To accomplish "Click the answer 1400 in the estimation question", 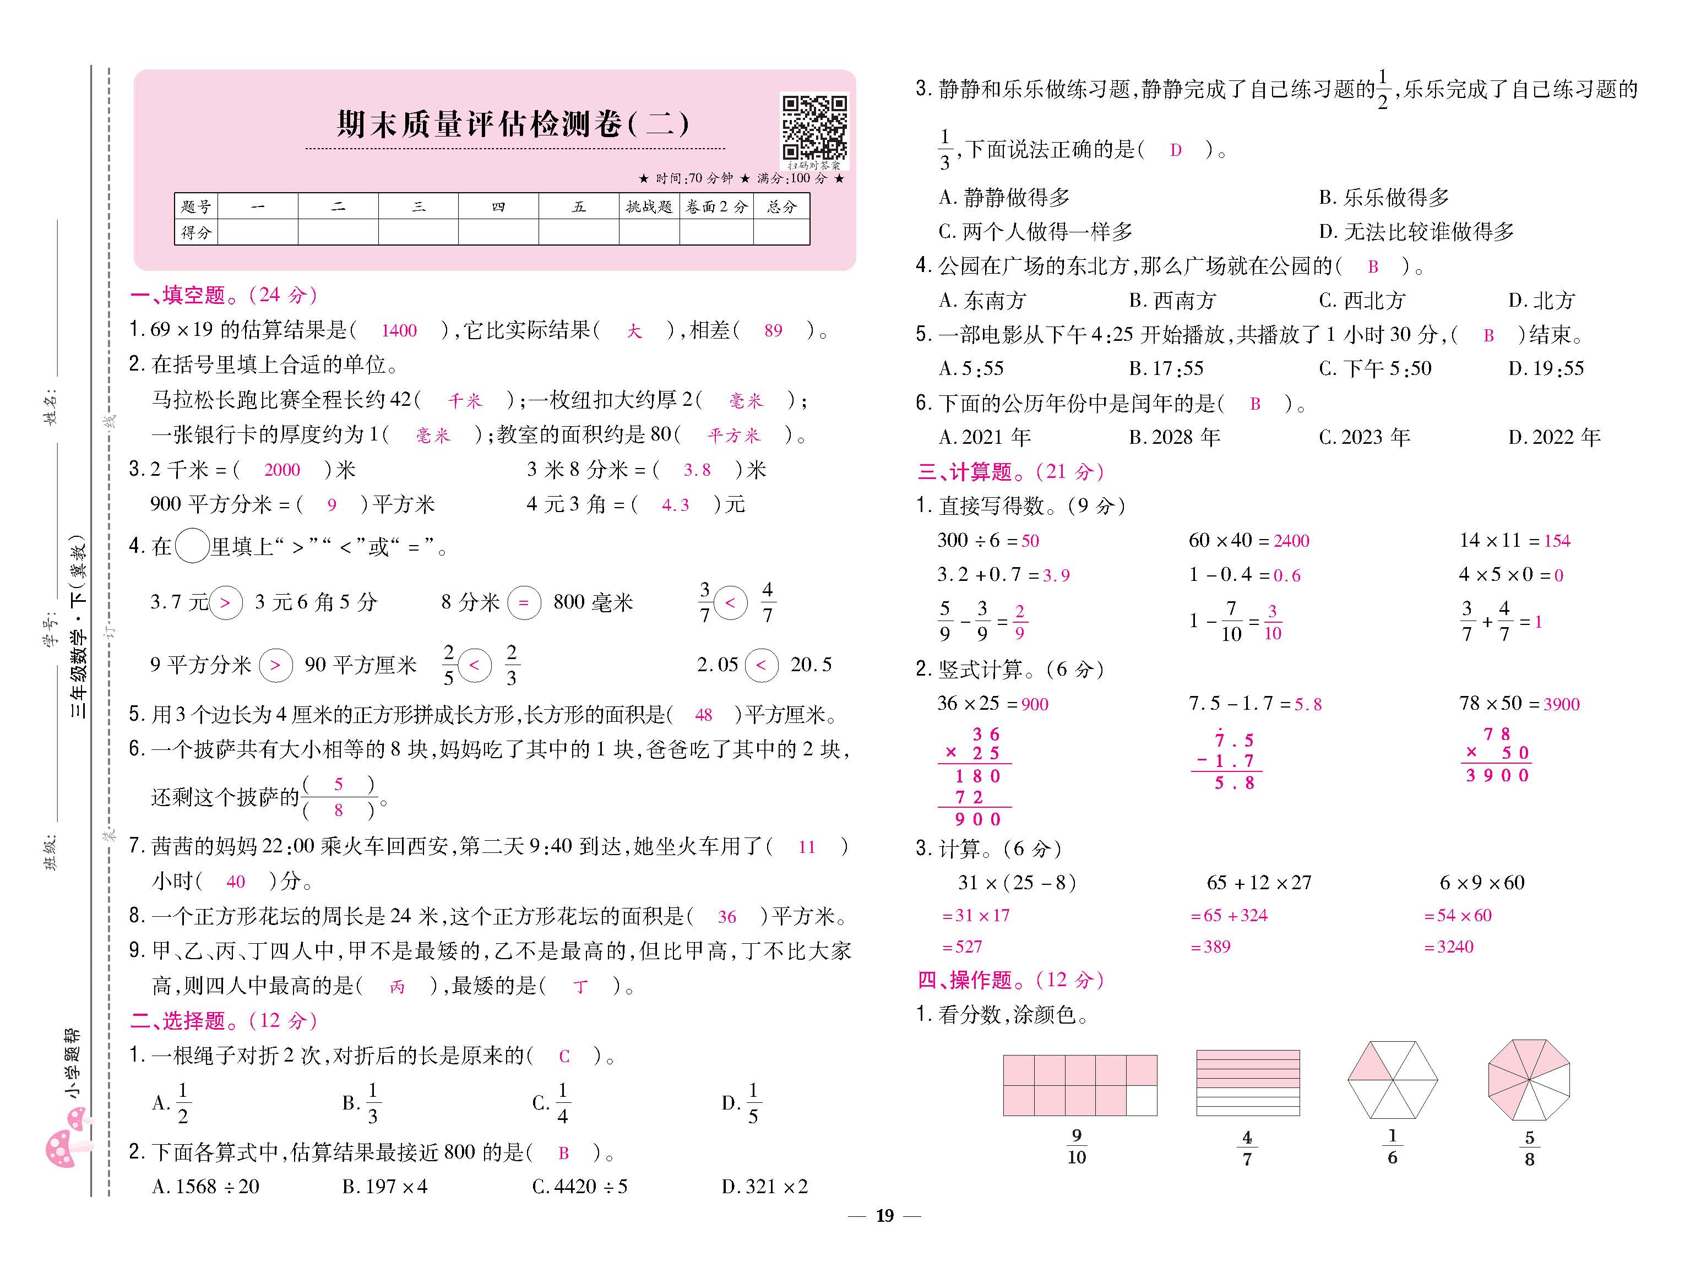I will (399, 331).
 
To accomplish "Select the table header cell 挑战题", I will (649, 206).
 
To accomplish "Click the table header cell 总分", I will (781, 206).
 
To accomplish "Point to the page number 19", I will (884, 1215).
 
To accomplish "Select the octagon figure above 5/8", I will (1529, 1079).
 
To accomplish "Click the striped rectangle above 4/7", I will (1247, 1083).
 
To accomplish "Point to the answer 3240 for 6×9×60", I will (1454, 946).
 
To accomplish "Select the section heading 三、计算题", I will (1010, 471).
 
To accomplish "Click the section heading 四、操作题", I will (1010, 980).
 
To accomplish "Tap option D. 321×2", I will (764, 1187).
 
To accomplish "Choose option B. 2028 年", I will (1174, 437).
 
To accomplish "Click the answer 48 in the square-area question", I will (703, 715).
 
